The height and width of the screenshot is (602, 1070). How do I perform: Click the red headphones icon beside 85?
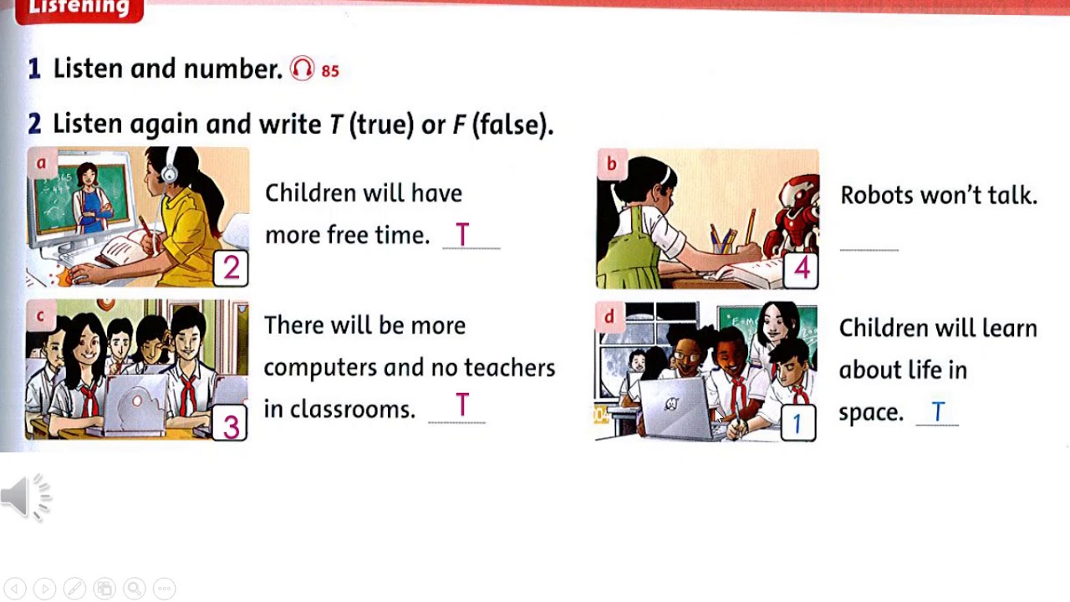pyautogui.click(x=302, y=69)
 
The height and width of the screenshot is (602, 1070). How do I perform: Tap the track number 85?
pyautogui.click(x=330, y=71)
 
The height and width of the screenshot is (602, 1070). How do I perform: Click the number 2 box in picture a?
pyautogui.click(x=232, y=268)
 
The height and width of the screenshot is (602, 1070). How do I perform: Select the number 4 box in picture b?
pyautogui.click(x=802, y=269)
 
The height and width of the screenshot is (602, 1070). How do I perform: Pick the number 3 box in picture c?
pyautogui.click(x=231, y=426)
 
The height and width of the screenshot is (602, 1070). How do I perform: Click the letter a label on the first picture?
pyautogui.click(x=41, y=163)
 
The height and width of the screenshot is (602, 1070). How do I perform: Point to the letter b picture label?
pyautogui.click(x=611, y=164)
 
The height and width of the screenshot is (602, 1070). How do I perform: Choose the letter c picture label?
pyautogui.click(x=40, y=316)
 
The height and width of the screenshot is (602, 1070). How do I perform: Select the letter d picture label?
pyautogui.click(x=609, y=317)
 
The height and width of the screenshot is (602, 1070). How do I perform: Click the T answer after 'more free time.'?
pyautogui.click(x=462, y=235)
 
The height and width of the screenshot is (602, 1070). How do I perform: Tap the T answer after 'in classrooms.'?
pyautogui.click(x=462, y=406)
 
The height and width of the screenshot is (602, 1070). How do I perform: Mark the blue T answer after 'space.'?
pyautogui.click(x=938, y=411)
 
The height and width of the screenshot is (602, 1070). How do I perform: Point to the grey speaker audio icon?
pyautogui.click(x=26, y=497)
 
